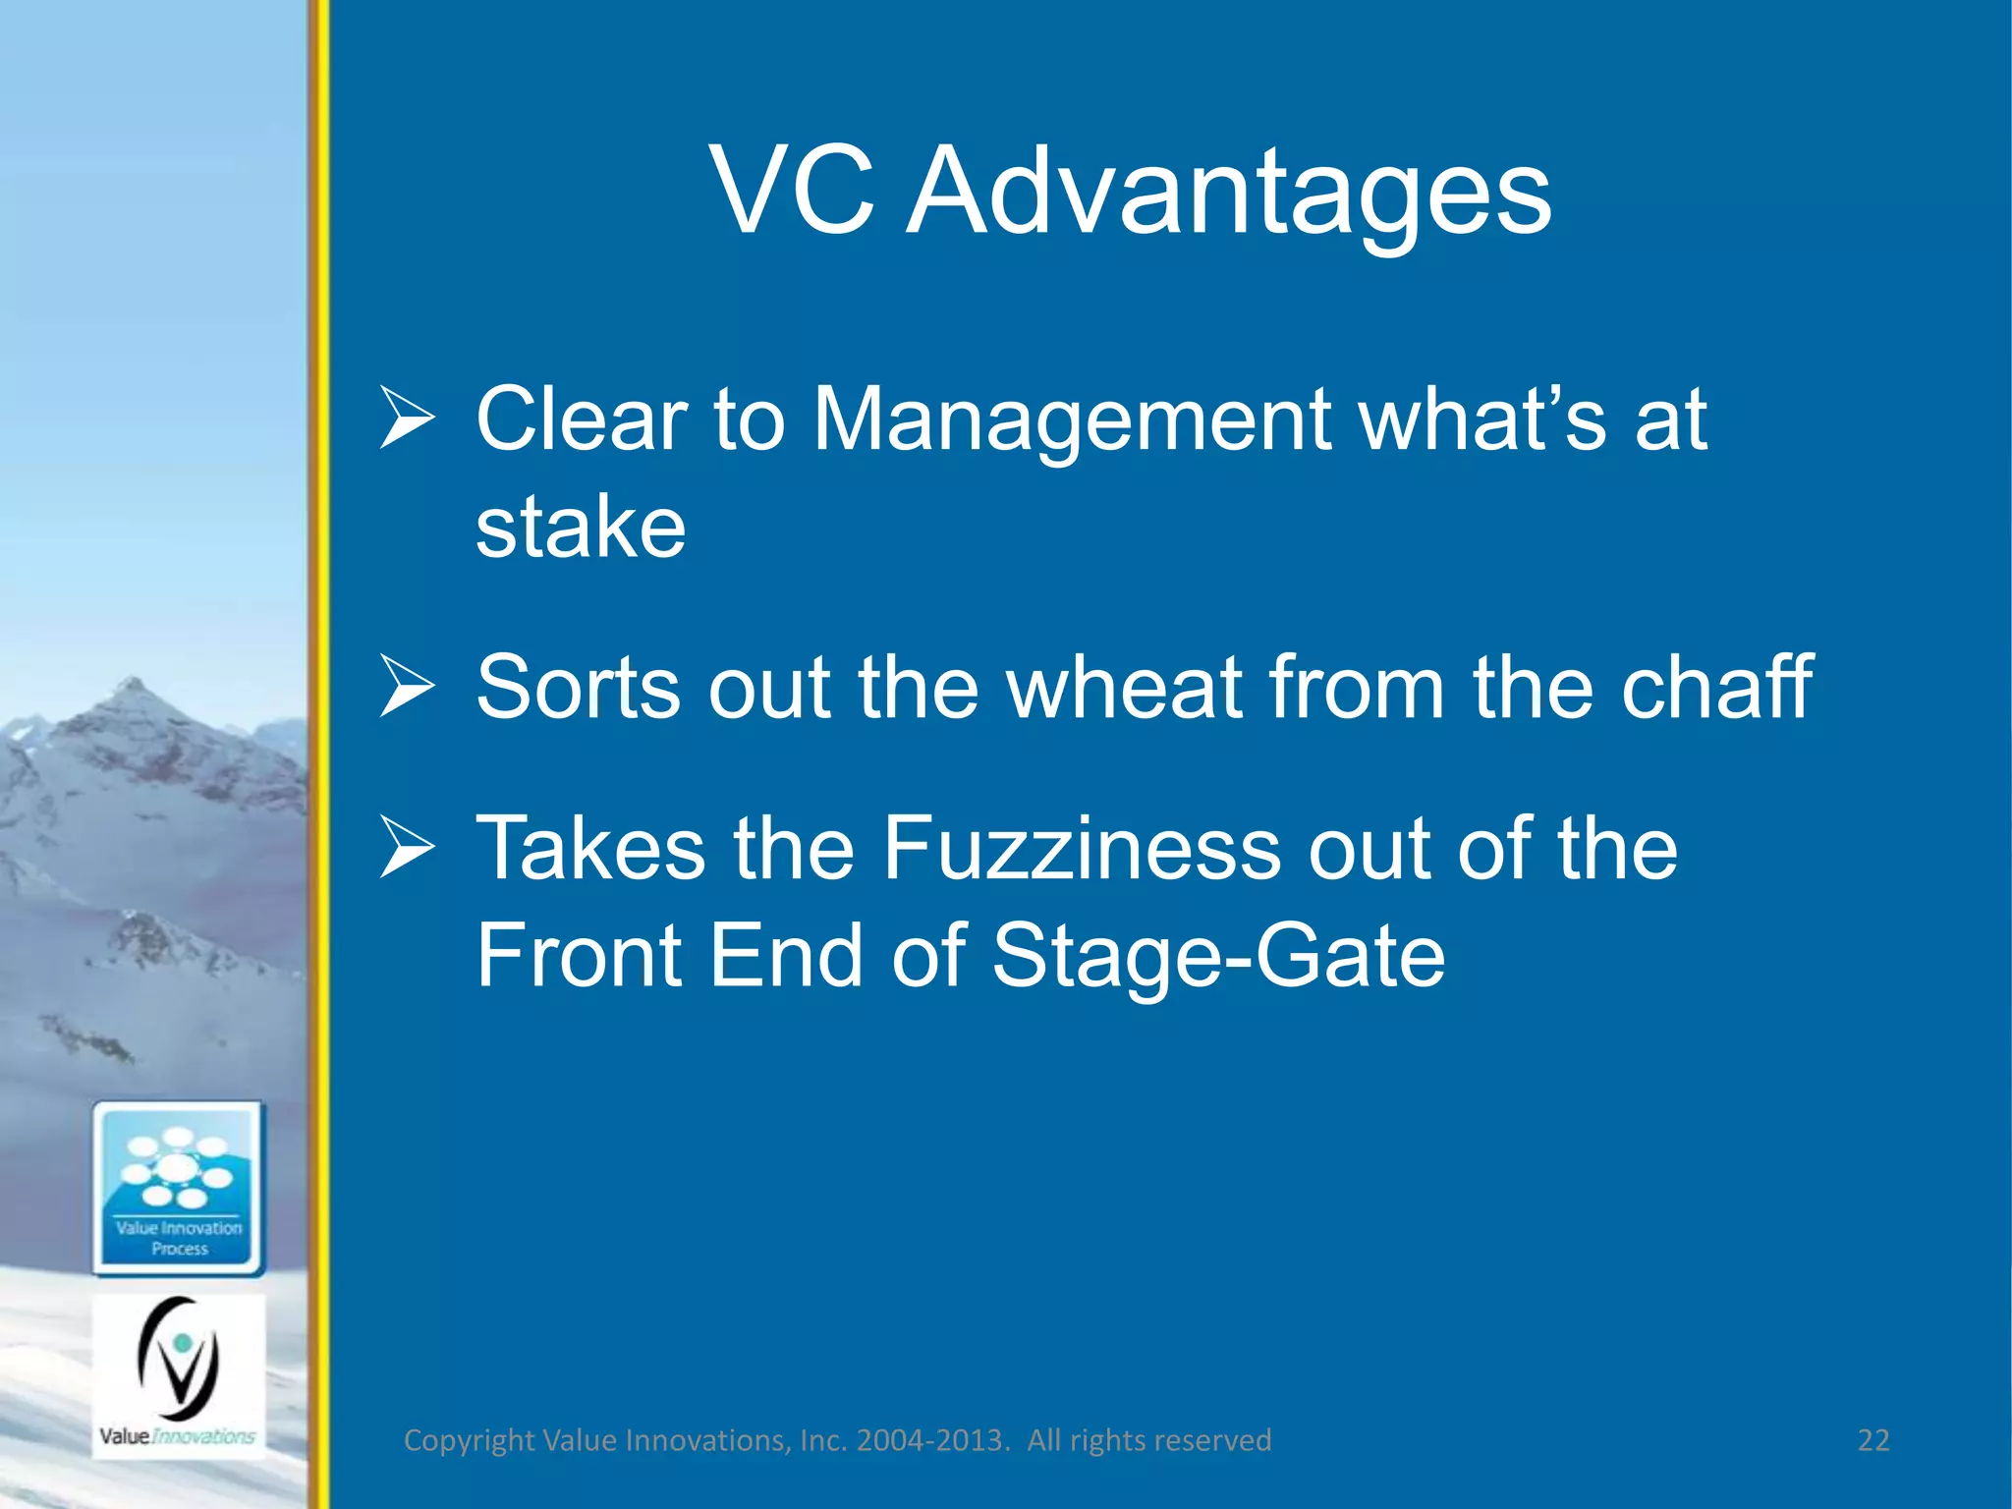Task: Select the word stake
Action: (581, 529)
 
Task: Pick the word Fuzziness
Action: (1081, 849)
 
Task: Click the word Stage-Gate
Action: (1218, 957)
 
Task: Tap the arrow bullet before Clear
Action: (407, 419)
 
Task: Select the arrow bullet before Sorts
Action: (407, 686)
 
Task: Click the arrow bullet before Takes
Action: (407, 847)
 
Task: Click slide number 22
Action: (1873, 1440)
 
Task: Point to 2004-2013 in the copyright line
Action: (931, 1440)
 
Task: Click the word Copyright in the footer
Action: (469, 1440)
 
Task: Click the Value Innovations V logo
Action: (179, 1361)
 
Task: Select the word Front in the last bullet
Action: (580, 957)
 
